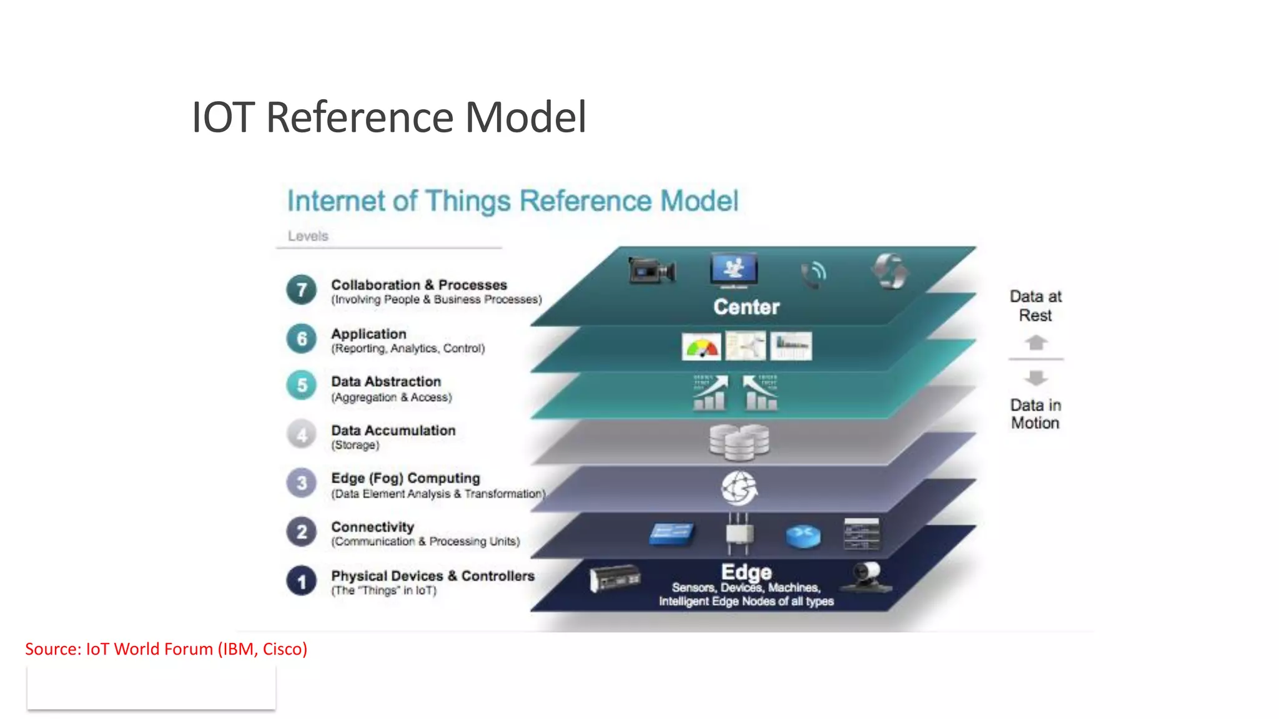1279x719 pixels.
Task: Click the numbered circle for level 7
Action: point(302,290)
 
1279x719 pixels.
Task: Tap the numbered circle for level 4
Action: point(302,434)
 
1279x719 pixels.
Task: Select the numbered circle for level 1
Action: point(302,581)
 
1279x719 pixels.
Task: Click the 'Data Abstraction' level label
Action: point(386,381)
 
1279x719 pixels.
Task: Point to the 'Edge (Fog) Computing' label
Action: point(405,478)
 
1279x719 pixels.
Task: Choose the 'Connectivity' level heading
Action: point(372,527)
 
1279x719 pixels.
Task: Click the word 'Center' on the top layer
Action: point(746,307)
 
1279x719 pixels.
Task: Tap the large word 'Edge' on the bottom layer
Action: point(746,572)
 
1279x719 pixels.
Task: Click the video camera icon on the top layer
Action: point(651,271)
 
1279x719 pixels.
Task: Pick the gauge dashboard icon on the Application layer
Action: point(701,347)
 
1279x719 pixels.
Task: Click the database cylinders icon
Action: point(739,441)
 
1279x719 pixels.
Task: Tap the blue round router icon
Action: point(803,536)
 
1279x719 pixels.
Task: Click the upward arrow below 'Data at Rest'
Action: point(1036,343)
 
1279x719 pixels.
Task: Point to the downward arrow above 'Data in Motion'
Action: point(1036,378)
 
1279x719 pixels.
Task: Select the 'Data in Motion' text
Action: point(1035,414)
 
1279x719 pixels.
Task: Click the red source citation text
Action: point(166,649)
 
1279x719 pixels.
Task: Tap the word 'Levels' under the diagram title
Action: point(308,236)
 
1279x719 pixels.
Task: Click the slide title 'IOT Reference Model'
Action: point(388,117)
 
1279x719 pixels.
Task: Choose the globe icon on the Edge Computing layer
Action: point(739,487)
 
